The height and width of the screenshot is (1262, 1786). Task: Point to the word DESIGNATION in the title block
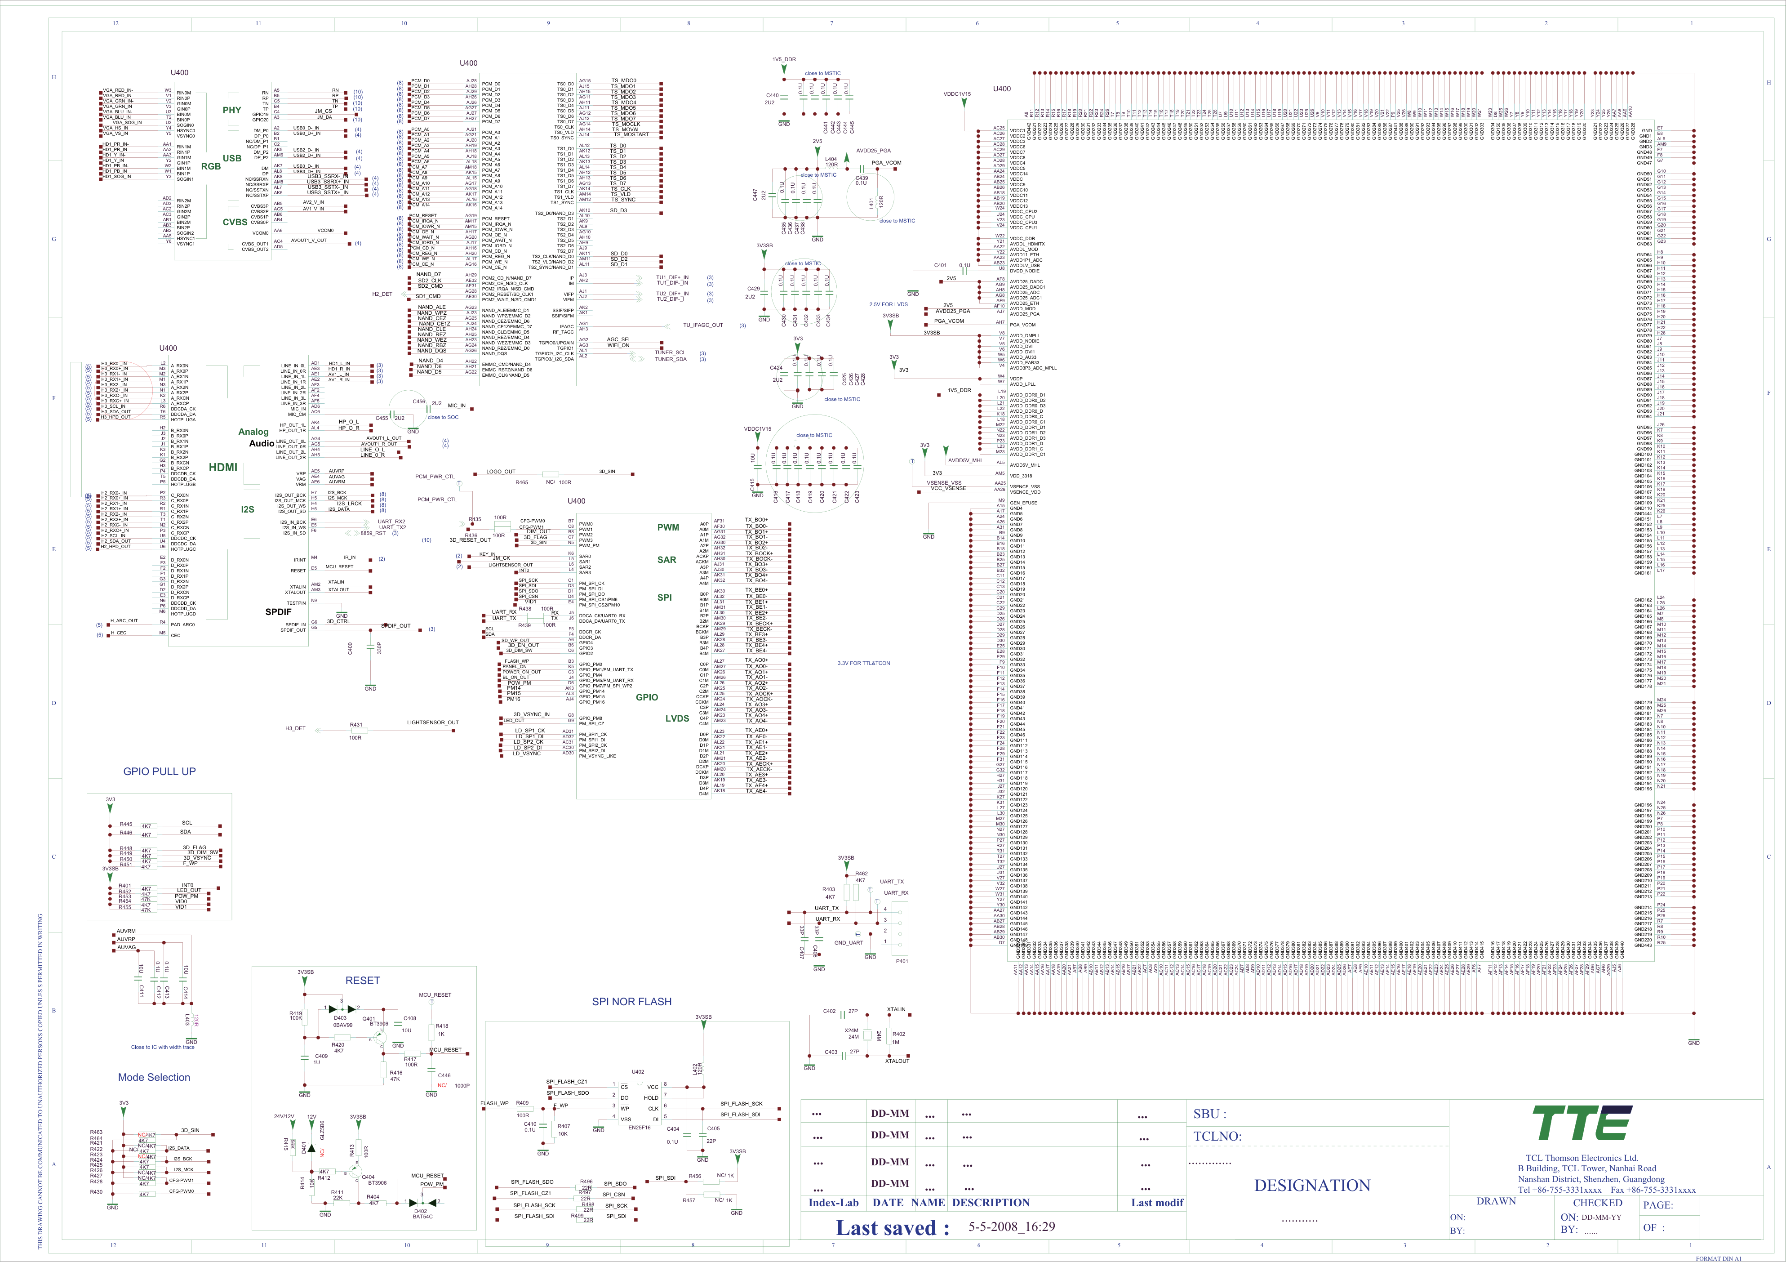(1312, 1186)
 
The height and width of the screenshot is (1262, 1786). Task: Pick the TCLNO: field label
(1217, 1137)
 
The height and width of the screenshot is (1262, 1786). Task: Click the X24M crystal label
(852, 1031)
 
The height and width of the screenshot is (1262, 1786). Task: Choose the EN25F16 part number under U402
(640, 1128)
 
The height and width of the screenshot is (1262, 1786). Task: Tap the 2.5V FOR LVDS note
(889, 305)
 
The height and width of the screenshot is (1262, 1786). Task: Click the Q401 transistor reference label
(369, 1018)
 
